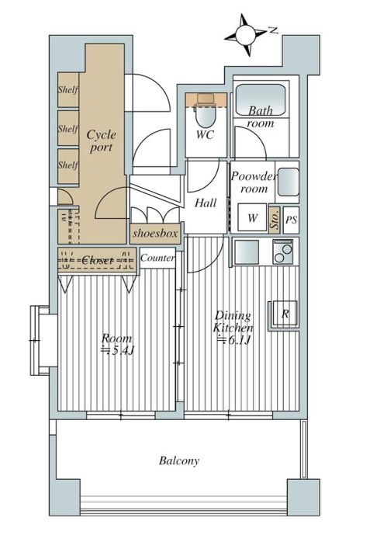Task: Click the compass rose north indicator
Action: (246, 34)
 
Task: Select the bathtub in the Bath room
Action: (261, 99)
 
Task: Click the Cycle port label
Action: (101, 141)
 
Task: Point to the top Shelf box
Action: (68, 90)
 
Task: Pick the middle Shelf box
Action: (68, 128)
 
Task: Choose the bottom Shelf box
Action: (68, 166)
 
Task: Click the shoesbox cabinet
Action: (155, 234)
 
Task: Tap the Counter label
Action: (157, 258)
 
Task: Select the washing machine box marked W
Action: (252, 217)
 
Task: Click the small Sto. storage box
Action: (275, 220)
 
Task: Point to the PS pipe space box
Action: (291, 220)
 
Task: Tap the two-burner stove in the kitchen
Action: (283, 252)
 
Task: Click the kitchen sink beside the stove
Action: (247, 252)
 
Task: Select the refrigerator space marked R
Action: (285, 313)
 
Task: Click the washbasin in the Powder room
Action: (288, 182)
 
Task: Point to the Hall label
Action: (206, 203)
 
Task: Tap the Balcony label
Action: (179, 461)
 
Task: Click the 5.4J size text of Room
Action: (119, 350)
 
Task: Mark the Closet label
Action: (98, 260)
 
